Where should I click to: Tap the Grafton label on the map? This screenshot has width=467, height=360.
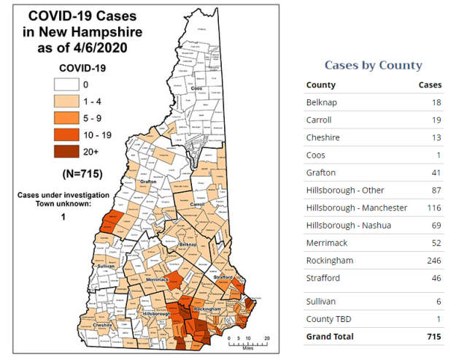pyautogui.click(x=149, y=182)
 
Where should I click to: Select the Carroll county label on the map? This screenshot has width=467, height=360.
pyautogui.click(x=196, y=205)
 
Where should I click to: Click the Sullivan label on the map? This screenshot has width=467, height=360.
pyautogui.click(x=107, y=267)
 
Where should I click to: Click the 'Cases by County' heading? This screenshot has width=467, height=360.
pyautogui.click(x=373, y=65)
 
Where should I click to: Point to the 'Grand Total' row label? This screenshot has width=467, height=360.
pyautogui.click(x=330, y=337)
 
